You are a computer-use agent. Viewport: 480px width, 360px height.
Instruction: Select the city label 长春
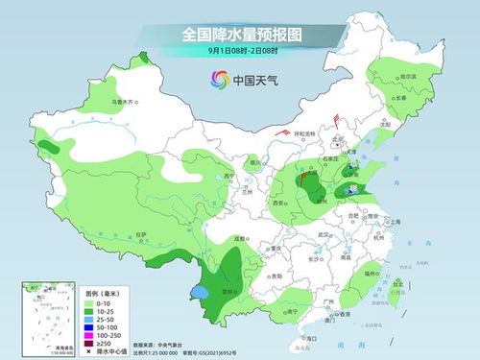coord(398,98)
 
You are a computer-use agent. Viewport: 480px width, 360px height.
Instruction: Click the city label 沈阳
coord(386,124)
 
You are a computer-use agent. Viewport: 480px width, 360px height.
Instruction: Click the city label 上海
coord(394,222)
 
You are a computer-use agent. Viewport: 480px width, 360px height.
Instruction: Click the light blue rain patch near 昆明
coord(199,291)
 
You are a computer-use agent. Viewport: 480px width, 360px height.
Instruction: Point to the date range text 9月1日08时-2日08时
coord(240,51)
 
